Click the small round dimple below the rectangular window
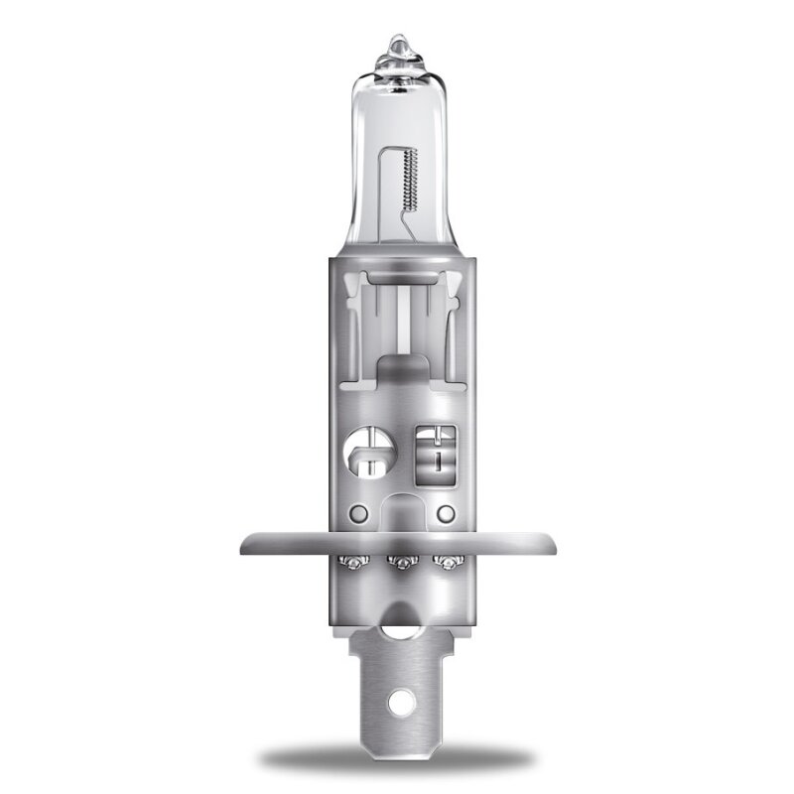click(x=446, y=512)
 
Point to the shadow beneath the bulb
click(x=397, y=759)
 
